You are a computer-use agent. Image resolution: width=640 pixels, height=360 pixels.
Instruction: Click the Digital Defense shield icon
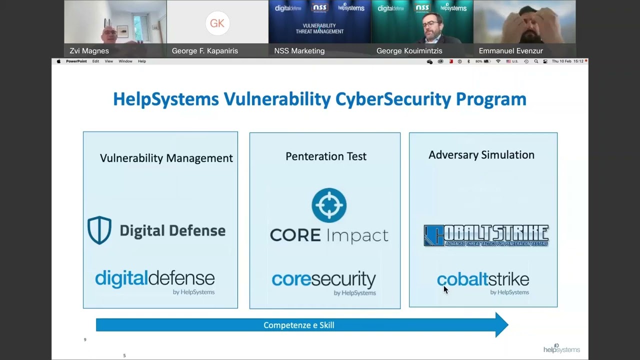(x=99, y=230)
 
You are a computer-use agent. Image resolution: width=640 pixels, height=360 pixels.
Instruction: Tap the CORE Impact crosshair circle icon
(x=329, y=205)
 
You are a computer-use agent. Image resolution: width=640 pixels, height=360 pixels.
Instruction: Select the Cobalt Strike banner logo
(x=486, y=235)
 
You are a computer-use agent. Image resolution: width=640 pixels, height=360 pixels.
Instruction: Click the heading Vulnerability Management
(x=166, y=158)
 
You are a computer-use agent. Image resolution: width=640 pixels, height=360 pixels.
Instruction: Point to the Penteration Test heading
(x=326, y=156)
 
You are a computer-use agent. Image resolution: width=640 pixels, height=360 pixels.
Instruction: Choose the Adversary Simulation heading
(x=481, y=155)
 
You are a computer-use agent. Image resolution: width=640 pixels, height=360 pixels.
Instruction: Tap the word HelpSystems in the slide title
(x=166, y=99)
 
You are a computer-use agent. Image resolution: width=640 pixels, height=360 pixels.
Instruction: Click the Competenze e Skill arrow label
(x=299, y=325)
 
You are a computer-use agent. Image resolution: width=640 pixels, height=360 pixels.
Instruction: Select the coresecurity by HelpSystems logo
(x=324, y=282)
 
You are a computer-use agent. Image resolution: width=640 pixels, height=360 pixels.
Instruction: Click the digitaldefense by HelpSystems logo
(x=155, y=281)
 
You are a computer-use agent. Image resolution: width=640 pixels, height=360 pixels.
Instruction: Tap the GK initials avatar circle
(x=217, y=23)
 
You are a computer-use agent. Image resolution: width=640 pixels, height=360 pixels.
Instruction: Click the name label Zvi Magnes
(x=89, y=50)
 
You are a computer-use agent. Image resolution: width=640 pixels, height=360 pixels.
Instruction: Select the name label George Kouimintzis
(x=409, y=50)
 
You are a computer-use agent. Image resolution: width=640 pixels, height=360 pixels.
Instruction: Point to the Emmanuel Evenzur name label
(x=510, y=50)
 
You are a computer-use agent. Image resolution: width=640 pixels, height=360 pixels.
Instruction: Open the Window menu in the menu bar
(x=125, y=61)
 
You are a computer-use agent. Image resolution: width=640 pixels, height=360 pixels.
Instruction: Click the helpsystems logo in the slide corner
(x=561, y=348)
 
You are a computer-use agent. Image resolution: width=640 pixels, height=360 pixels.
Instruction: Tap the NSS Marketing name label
(x=299, y=50)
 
